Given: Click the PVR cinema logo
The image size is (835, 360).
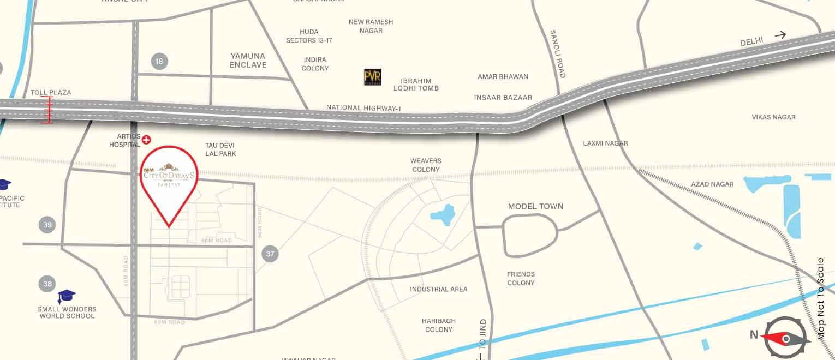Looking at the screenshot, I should tap(373, 77).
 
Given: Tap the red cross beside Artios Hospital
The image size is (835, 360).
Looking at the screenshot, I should tap(146, 140).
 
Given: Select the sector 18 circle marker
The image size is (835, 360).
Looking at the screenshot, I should tap(159, 61).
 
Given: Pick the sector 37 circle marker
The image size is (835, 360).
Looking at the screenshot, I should tap(270, 253).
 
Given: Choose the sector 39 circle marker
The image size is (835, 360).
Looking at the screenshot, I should tap(47, 224).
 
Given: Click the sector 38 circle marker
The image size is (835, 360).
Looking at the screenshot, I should tap(47, 283).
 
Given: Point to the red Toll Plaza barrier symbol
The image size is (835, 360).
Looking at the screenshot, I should tap(47, 110).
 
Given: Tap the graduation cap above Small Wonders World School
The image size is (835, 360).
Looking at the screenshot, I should tap(67, 296).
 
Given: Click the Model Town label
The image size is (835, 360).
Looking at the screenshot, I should tap(535, 206).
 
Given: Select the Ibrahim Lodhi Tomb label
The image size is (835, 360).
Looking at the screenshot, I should tap(416, 84).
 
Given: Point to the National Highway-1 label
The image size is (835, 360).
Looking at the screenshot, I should tap(363, 108).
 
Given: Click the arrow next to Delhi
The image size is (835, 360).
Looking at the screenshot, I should tap(780, 35).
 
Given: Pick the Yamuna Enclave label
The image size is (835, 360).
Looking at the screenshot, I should tap(248, 60).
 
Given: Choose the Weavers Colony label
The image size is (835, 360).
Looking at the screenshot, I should tap(426, 165).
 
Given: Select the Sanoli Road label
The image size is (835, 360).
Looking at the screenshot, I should tap(558, 53).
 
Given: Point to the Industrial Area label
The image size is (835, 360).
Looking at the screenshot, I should tap(439, 289).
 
